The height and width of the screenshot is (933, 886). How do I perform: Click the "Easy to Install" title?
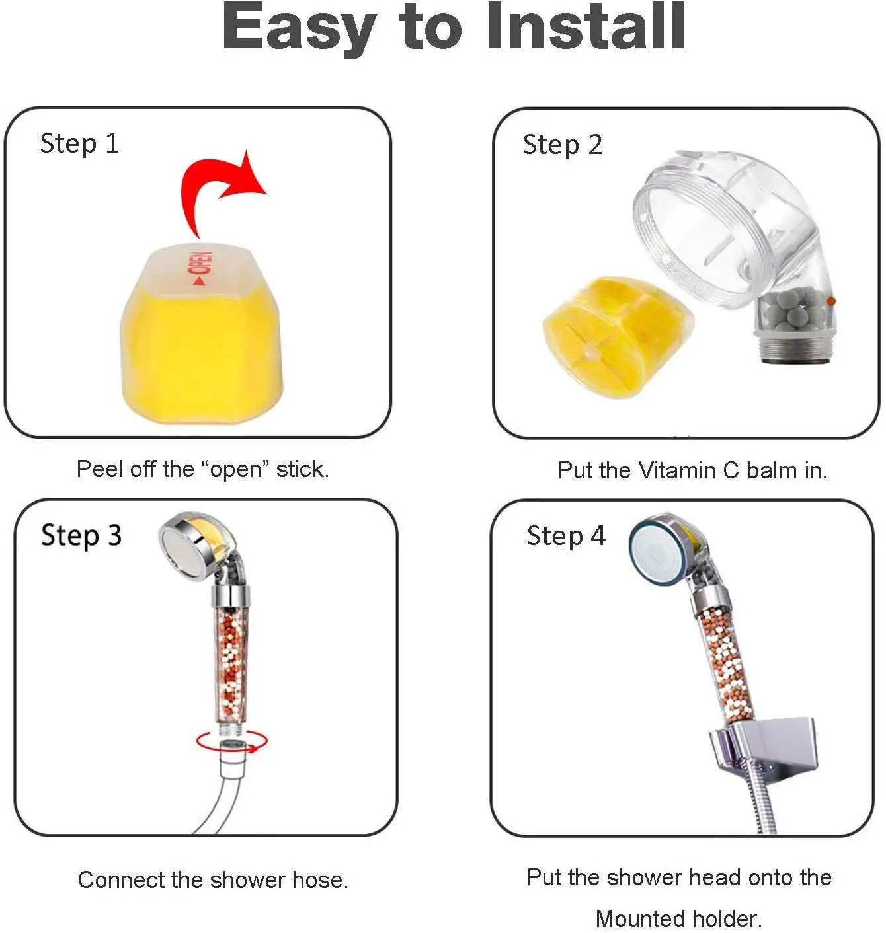tap(453, 28)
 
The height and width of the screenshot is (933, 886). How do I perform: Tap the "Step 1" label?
tap(79, 144)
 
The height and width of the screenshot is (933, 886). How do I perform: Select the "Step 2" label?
tap(562, 145)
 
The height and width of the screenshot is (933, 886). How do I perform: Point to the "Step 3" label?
tap(81, 536)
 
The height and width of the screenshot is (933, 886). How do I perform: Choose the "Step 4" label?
tap(566, 536)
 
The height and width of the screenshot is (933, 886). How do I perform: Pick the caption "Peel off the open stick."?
tap(203, 469)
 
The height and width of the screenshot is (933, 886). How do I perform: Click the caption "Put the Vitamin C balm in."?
tap(692, 470)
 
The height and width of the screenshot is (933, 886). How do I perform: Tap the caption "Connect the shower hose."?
tap(214, 880)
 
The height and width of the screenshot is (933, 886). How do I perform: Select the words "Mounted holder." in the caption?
tap(678, 918)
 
